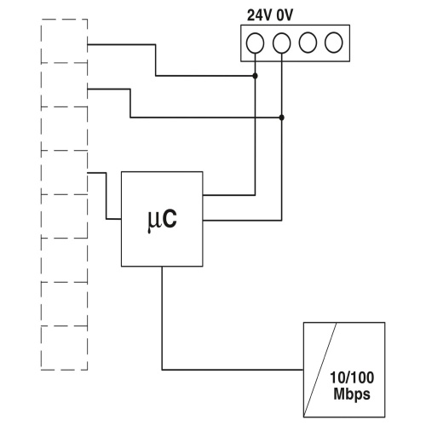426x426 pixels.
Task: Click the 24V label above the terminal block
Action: pyautogui.click(x=259, y=15)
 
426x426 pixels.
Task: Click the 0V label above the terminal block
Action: pyautogui.click(x=285, y=15)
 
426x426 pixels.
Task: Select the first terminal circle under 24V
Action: pyautogui.click(x=255, y=43)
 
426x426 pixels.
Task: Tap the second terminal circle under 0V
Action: pyautogui.click(x=281, y=43)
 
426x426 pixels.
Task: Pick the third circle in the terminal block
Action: pyautogui.click(x=308, y=43)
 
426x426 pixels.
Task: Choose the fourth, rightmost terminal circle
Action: pyautogui.click(x=334, y=43)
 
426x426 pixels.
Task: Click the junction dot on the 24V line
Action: pyautogui.click(x=255, y=76)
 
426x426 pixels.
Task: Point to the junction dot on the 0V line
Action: pyautogui.click(x=281, y=118)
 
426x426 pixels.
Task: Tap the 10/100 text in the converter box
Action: pyautogui.click(x=352, y=377)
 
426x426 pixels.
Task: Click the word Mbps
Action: pyautogui.click(x=352, y=394)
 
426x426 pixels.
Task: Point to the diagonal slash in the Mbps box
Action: pyautogui.click(x=320, y=370)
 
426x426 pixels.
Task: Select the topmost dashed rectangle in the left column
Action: pyautogui.click(x=64, y=20)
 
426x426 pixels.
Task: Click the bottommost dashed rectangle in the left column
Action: pyautogui.click(x=64, y=370)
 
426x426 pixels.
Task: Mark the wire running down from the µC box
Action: pyautogui.click(x=162, y=318)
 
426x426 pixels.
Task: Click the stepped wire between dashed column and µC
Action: pyautogui.click(x=106, y=196)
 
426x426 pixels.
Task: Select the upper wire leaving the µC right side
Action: pyautogui.click(x=229, y=195)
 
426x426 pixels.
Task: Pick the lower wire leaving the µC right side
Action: pyautogui.click(x=242, y=220)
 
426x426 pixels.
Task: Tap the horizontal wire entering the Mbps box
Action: pyautogui.click(x=233, y=370)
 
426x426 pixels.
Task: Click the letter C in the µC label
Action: pyautogui.click(x=170, y=219)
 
